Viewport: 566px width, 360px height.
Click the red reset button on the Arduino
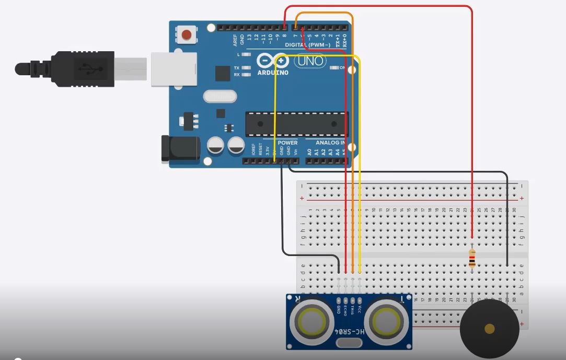pyautogui.click(x=186, y=35)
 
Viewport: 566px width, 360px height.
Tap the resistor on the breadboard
pyautogui.click(x=472, y=258)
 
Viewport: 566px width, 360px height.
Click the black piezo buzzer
pyautogui.click(x=490, y=329)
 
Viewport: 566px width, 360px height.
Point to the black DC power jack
pyautogui.click(x=180, y=148)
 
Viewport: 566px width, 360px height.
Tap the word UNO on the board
pyautogui.click(x=309, y=61)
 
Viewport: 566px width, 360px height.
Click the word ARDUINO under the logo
pyautogui.click(x=273, y=73)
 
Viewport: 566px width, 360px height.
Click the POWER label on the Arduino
pyautogui.click(x=287, y=142)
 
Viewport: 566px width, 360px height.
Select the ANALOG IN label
pyautogui.click(x=330, y=142)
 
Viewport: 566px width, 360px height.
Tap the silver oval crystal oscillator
pyautogui.click(x=220, y=97)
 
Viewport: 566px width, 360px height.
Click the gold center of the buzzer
pyautogui.click(x=490, y=329)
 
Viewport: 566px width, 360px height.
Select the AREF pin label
pyautogui.click(x=236, y=40)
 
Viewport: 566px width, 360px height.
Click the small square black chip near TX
pyautogui.click(x=223, y=73)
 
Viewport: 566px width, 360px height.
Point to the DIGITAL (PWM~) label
pyautogui.click(x=308, y=45)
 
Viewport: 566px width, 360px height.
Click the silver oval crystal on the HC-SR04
pyautogui.click(x=349, y=343)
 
